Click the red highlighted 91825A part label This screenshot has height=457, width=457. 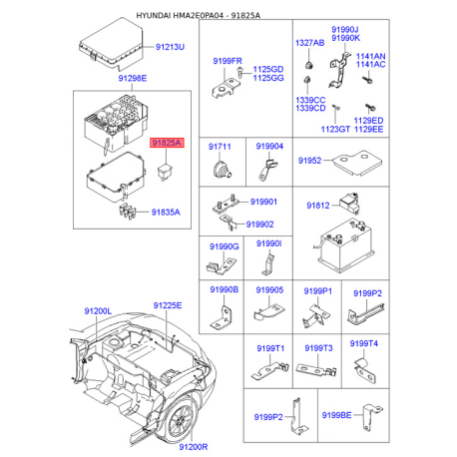pos(166,144)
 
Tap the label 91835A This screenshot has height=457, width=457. pos(167,211)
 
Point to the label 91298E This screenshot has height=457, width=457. pos(131,78)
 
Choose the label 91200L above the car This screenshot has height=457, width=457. pos(99,311)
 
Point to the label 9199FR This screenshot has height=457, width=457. pos(227,61)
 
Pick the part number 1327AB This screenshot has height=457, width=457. pos(309,44)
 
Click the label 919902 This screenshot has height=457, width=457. pos(261,225)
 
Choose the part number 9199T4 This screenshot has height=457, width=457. pos(364,342)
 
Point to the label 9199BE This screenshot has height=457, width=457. pos(336,414)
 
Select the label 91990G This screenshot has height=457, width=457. pos(225,245)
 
